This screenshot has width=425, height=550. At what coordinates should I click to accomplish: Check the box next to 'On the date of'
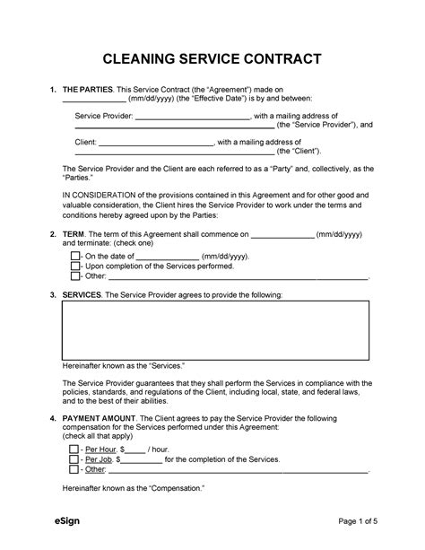tap(75, 255)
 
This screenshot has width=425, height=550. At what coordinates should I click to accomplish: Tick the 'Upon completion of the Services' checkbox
tap(75, 266)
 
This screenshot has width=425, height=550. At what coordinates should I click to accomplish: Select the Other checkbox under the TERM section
tap(75, 277)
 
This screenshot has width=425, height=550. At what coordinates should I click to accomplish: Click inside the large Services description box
tap(214, 329)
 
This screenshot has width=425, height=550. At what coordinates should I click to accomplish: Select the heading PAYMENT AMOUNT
tap(99, 418)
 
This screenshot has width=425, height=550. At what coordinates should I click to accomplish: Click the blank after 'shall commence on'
tap(282, 233)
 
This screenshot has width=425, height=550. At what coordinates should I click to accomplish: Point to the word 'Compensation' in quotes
tap(176, 488)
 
